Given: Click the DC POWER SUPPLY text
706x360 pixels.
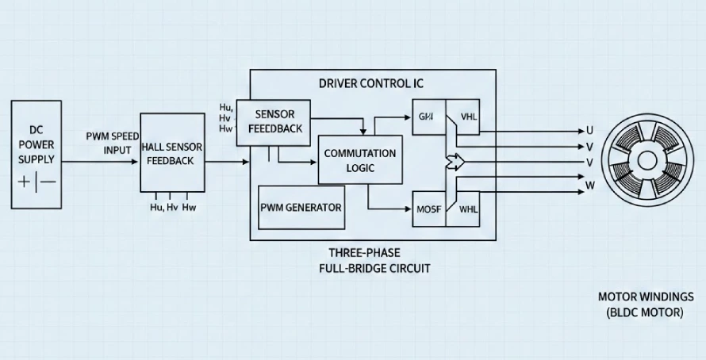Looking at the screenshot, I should click(x=36, y=144).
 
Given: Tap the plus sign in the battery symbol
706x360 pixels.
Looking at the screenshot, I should click(x=24, y=182).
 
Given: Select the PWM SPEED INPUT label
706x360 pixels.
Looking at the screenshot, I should click(x=113, y=143).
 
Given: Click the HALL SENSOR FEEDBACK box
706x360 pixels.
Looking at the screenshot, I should click(x=172, y=153).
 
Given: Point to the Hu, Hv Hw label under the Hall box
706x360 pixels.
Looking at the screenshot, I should click(x=172, y=208).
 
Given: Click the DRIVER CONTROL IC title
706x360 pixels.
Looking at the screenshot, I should click(x=372, y=83).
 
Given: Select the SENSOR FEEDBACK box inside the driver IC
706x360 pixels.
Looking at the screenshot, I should click(x=274, y=121).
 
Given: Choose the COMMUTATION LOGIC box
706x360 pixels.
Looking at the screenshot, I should click(x=359, y=160).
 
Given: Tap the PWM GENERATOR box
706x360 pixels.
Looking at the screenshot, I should click(x=301, y=208).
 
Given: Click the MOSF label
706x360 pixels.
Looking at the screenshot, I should click(x=428, y=210).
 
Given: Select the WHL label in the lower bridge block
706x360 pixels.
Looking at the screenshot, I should click(x=468, y=210).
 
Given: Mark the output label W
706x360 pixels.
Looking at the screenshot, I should click(x=589, y=186).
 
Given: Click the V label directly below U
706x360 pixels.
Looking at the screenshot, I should click(x=589, y=147).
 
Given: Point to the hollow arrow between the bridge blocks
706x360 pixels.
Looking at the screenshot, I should click(x=455, y=163).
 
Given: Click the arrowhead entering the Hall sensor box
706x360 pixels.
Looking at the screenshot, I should click(x=136, y=162).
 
